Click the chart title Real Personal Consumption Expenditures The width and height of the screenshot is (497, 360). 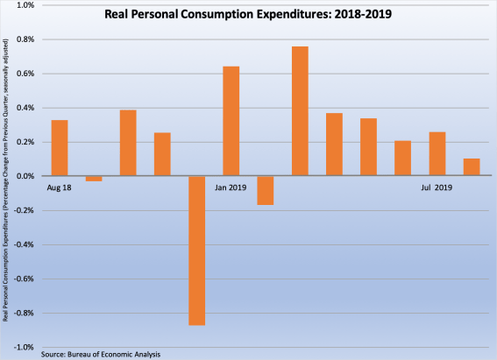[247, 15]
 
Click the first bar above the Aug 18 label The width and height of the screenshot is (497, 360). [60, 148]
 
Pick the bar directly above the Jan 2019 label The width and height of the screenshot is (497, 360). [231, 121]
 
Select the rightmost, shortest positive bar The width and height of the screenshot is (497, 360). [471, 167]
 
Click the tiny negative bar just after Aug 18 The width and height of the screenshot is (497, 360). [94, 179]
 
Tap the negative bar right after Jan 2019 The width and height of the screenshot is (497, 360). [266, 190]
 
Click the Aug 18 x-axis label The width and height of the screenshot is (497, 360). [60, 187]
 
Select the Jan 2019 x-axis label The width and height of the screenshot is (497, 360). [231, 187]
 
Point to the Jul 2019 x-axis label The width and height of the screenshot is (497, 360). [437, 187]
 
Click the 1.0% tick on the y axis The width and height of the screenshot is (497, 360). [25, 5]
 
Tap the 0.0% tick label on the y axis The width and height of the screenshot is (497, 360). [25, 176]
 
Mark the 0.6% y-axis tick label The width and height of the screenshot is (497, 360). [25, 74]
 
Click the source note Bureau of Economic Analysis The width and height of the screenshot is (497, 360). [101, 354]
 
